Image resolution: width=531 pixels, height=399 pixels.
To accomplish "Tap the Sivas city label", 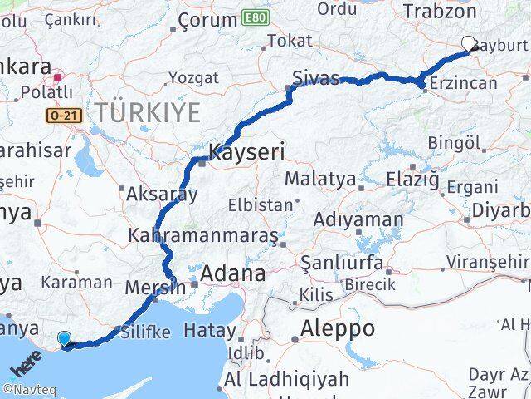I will coord(315,79).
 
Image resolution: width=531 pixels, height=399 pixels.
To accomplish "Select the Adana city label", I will coord(232,273).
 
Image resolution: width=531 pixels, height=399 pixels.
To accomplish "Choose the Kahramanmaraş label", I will coord(203,235).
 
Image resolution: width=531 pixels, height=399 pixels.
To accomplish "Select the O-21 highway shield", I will coord(65,116).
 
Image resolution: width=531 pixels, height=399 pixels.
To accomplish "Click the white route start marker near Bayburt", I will coord(468,43).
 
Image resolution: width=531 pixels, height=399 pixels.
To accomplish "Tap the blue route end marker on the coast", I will coord(65,338).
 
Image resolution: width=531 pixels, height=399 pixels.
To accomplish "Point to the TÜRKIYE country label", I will coord(147,111).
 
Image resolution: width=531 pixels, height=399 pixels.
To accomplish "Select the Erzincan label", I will coord(467,82).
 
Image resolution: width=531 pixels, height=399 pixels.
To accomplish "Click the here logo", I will coord(26,363).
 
